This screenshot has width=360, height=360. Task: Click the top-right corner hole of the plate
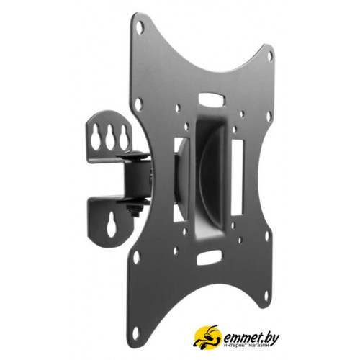tap(269, 55)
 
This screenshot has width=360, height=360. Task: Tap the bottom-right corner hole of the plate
tap(267, 296)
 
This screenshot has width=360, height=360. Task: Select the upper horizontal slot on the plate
tap(212, 99)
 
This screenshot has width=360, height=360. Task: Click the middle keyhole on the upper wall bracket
tap(110, 136)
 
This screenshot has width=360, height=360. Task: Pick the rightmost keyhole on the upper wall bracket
tap(123, 136)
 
